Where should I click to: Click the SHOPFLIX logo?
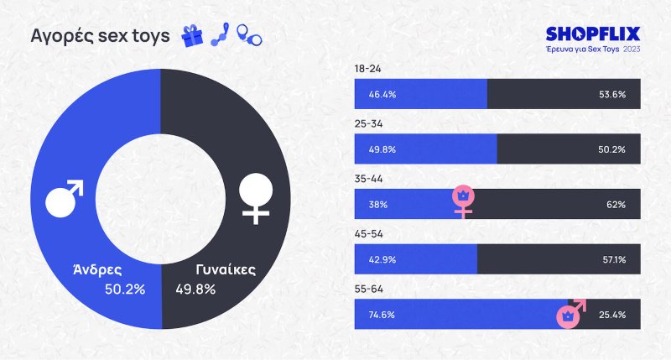coord(592,34)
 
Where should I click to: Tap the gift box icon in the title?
coord(194,35)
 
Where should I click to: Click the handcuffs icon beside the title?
coord(248,35)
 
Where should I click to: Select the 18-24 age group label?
coord(367,69)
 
